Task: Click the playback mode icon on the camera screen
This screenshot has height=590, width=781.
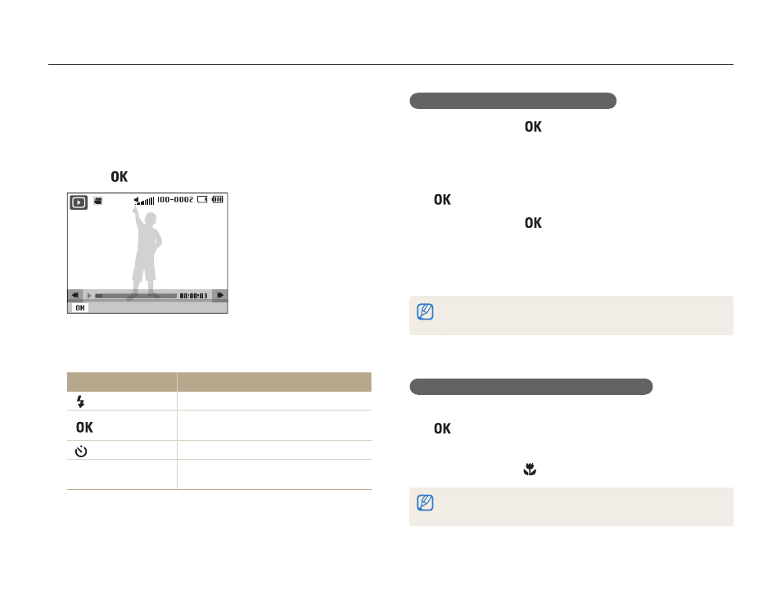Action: tap(79, 202)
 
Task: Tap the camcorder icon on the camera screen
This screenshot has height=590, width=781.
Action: tap(98, 201)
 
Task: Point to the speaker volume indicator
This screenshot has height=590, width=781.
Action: tap(144, 201)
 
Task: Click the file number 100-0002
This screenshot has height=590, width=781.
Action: tap(175, 199)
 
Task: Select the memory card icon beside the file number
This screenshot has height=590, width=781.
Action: tap(202, 199)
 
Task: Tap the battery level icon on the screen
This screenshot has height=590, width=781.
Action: tap(218, 199)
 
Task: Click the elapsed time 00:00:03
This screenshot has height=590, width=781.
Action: tap(193, 296)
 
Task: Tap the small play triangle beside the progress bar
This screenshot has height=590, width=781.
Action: tap(90, 296)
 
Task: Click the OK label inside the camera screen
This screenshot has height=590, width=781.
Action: tap(80, 308)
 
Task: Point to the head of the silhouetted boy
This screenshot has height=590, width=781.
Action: tap(151, 219)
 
